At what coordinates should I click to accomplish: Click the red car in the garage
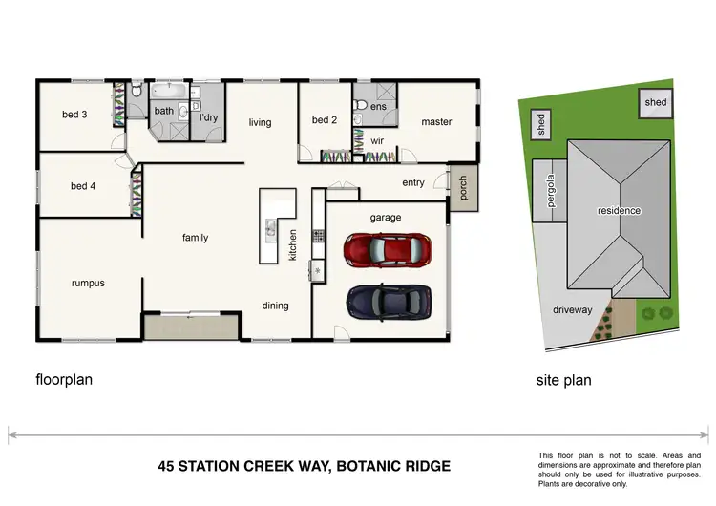tap(384, 251)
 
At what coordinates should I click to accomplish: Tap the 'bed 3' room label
tap(75, 115)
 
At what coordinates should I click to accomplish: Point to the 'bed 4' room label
tap(83, 186)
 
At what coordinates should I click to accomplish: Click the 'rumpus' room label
tap(88, 283)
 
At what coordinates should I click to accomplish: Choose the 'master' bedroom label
tap(436, 121)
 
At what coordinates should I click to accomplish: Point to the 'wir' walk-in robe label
tap(377, 140)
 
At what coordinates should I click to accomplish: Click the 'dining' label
tap(275, 306)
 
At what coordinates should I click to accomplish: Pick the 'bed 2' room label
tap(325, 120)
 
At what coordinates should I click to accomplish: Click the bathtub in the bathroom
tap(170, 92)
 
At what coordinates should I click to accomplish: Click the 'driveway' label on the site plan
tap(573, 309)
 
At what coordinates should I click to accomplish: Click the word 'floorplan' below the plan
tap(64, 378)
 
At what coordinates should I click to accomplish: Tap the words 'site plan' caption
tap(563, 380)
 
